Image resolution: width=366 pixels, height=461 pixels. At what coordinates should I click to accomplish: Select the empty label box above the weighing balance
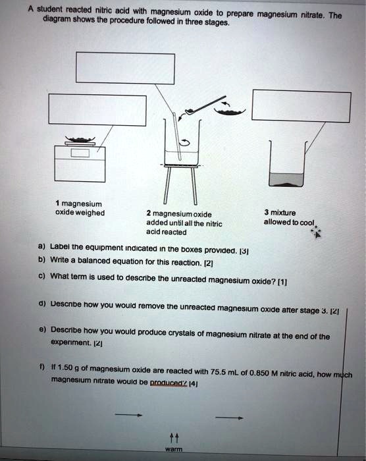click(96, 110)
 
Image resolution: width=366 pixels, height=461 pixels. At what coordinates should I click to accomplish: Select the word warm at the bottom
click(174, 450)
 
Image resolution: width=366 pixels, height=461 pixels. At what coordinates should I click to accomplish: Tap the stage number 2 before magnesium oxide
click(149, 214)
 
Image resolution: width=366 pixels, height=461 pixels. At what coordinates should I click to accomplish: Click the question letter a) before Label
click(41, 250)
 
